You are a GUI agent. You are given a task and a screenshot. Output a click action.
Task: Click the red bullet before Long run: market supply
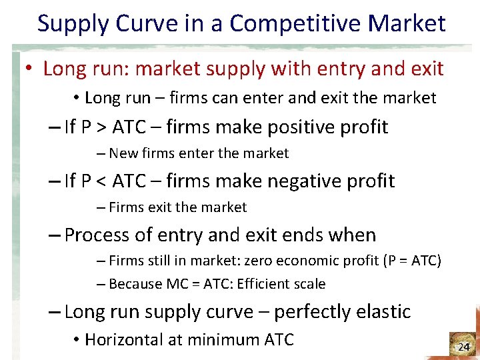[31, 69]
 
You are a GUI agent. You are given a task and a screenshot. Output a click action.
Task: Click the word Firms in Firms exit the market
[125, 207]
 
